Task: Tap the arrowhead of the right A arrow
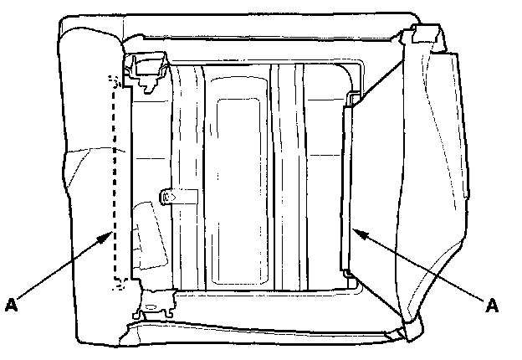coord(357,230)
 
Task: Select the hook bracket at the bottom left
coord(155,304)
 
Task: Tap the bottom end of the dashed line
coord(115,283)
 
